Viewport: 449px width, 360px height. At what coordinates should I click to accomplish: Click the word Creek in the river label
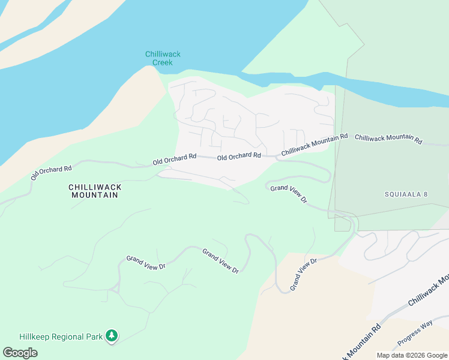pyautogui.click(x=163, y=62)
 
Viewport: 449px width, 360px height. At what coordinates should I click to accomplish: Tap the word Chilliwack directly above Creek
pyautogui.click(x=163, y=55)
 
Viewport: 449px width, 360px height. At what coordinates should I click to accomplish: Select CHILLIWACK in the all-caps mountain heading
pyautogui.click(x=95, y=187)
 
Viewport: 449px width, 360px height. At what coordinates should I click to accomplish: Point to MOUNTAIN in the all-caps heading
pyautogui.click(x=95, y=196)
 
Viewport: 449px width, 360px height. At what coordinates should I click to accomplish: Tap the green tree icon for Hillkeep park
pyautogui.click(x=111, y=335)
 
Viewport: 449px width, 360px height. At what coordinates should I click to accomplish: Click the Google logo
pyautogui.click(x=20, y=353)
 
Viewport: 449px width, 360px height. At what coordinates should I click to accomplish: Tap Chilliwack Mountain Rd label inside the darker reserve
pyautogui.click(x=388, y=139)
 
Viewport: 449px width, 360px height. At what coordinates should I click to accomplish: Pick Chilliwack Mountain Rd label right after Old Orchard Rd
pyautogui.click(x=315, y=145)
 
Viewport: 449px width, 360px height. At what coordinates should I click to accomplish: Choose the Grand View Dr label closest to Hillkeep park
pyautogui.click(x=145, y=263)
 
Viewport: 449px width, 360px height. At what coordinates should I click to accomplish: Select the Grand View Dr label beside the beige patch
pyautogui.click(x=303, y=275)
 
